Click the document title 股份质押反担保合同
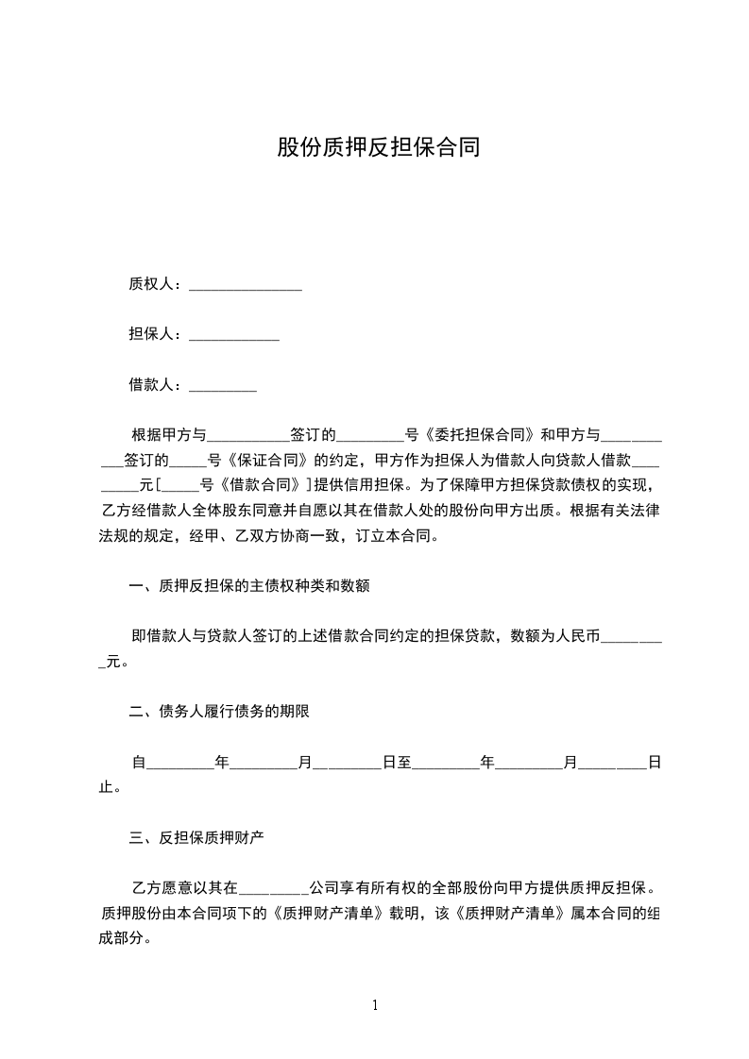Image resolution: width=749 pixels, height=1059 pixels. point(378,147)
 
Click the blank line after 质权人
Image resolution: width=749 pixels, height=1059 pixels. point(246,285)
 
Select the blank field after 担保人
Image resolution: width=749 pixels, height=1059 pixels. point(234,335)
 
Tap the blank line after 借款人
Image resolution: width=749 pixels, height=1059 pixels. point(223,386)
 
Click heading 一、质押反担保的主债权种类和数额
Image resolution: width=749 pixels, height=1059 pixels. point(248,586)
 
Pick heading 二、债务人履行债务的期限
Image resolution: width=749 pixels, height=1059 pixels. point(219,712)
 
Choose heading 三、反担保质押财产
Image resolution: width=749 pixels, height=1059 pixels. point(202,836)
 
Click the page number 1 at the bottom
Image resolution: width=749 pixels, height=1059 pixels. point(375,1005)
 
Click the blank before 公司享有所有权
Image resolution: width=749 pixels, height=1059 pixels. point(275,889)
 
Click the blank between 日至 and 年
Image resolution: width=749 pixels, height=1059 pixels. point(446,764)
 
